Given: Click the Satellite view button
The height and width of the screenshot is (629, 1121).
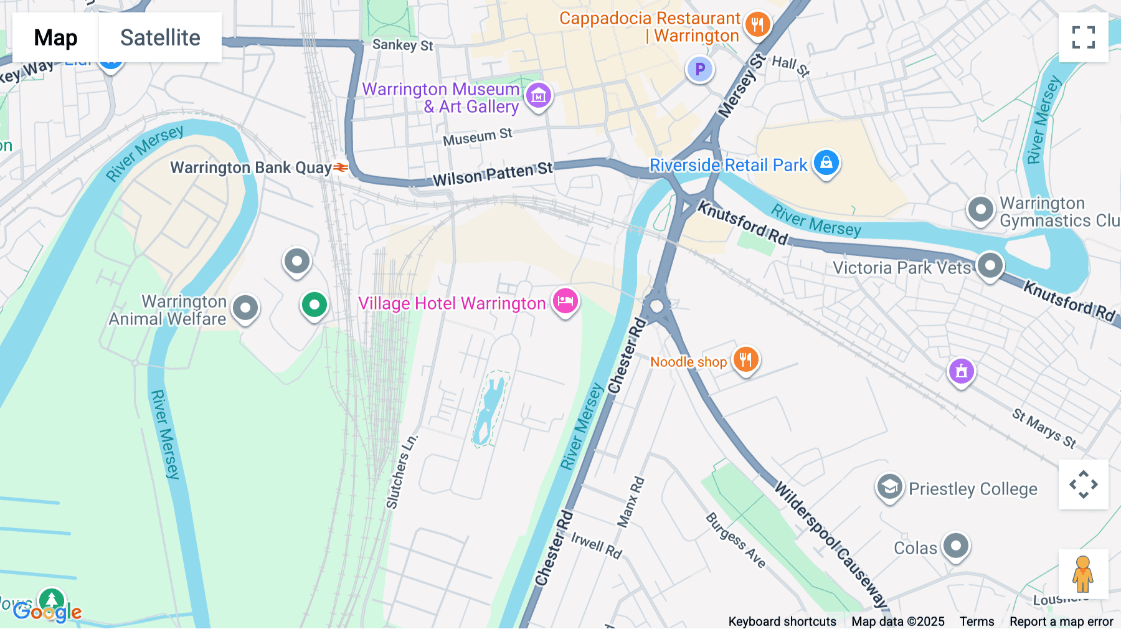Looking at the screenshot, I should (160, 37).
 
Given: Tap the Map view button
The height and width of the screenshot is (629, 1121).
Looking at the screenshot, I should (55, 37).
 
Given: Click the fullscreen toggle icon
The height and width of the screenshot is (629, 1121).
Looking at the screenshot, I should (1083, 37).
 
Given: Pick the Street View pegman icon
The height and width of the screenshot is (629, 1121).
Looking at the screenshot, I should (1083, 574).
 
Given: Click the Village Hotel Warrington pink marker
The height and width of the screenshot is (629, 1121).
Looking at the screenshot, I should (565, 301).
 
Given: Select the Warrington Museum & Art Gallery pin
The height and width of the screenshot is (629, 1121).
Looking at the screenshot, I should (539, 96).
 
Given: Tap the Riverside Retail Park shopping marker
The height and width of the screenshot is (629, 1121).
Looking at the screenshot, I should (826, 163).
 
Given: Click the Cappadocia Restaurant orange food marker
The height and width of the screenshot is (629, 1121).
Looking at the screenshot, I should (757, 26).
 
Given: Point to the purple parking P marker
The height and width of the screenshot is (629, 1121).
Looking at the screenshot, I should (700, 69).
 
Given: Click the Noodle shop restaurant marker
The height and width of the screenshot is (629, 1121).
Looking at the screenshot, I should (745, 360).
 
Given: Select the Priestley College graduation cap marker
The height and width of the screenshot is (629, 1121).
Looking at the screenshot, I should (890, 488).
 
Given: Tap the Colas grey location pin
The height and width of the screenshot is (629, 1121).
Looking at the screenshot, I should (955, 546).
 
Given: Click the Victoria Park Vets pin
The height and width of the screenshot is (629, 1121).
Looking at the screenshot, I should (990, 265).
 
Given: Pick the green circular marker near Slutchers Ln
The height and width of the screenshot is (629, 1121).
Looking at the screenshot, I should (315, 305).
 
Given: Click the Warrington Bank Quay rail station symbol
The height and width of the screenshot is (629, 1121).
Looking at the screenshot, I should (341, 168).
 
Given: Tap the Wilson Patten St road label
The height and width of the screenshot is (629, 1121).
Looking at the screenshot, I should (493, 174).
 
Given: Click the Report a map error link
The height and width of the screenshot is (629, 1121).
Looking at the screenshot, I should (1061, 622).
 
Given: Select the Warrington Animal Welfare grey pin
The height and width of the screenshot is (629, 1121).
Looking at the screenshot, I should (245, 308).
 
